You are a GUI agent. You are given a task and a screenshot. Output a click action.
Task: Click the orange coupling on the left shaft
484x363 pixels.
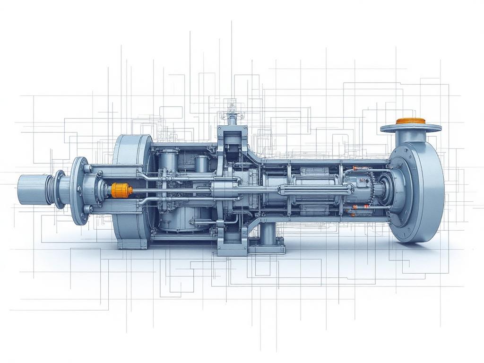121,190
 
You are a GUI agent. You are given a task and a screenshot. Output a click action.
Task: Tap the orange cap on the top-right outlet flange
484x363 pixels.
410,121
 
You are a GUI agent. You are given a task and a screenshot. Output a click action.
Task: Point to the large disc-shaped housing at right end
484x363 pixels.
418,191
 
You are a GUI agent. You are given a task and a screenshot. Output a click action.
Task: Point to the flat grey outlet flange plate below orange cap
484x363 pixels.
410,128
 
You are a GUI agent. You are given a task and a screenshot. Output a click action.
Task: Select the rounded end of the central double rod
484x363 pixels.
350,189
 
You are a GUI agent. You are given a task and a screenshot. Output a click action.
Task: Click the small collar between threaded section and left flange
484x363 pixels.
60,189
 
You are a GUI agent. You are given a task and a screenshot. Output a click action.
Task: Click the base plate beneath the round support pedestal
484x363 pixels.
268,247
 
